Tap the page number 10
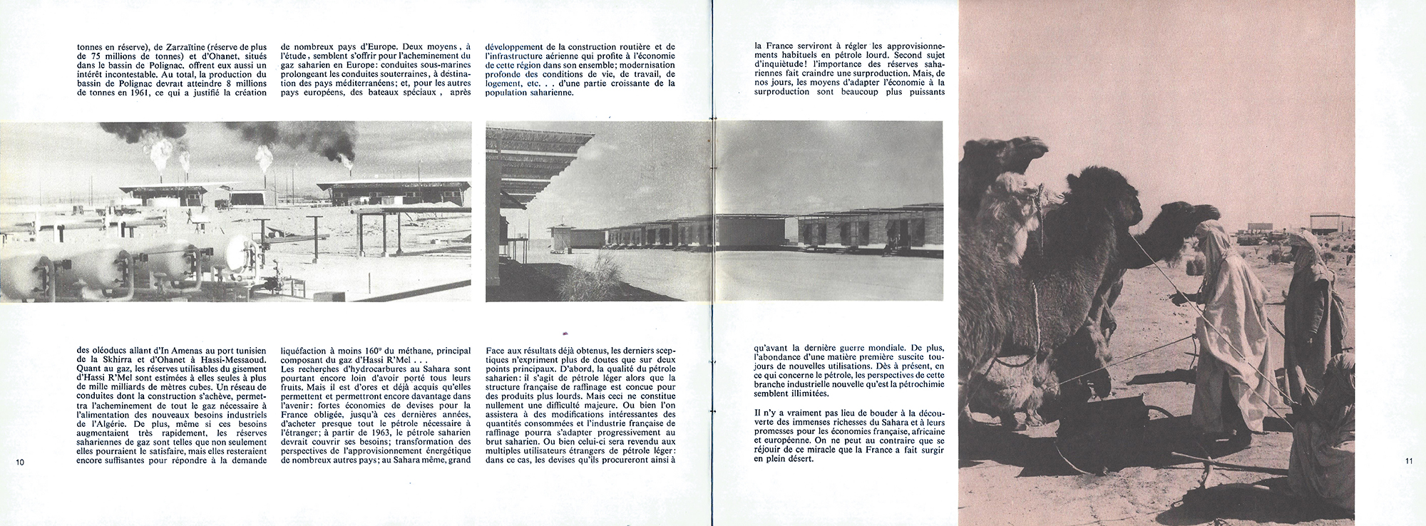[x=20, y=462]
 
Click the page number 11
[x=1409, y=460]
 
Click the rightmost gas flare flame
[x=347, y=158]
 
